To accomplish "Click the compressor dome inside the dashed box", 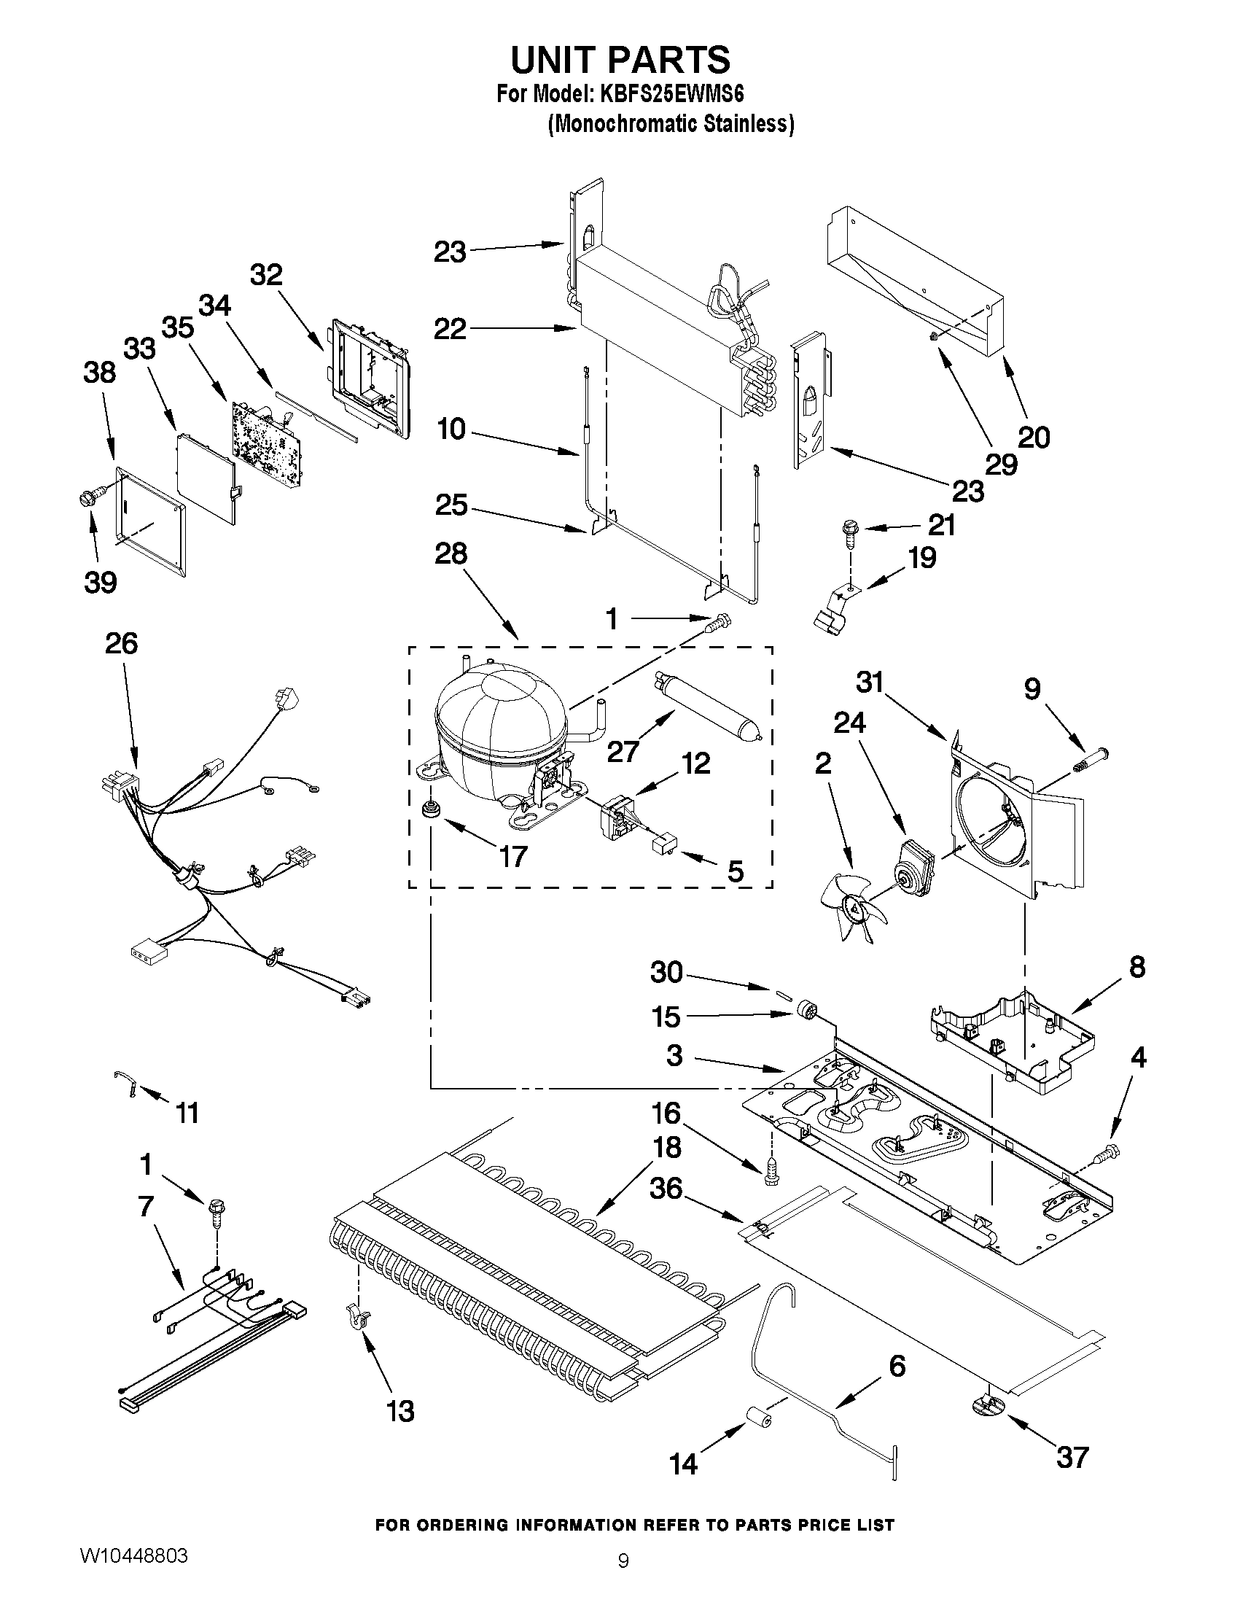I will click(499, 724).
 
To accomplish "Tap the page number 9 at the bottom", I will click(623, 1580).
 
